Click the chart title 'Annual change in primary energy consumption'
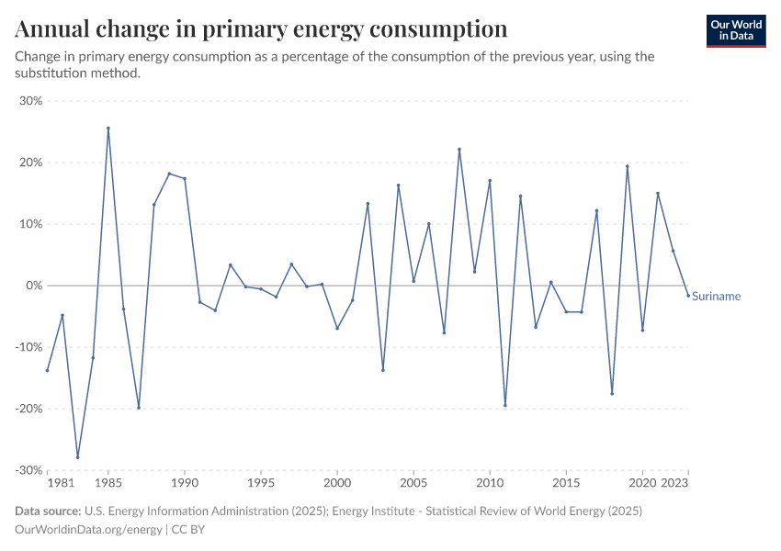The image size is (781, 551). pyautogui.click(x=262, y=28)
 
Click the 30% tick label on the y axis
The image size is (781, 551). pyautogui.click(x=31, y=101)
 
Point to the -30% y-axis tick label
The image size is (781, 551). pyautogui.click(x=29, y=470)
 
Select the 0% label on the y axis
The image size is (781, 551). pyautogui.click(x=34, y=286)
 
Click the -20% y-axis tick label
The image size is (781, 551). pyautogui.click(x=29, y=409)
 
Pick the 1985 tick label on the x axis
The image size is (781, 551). pyautogui.click(x=108, y=482)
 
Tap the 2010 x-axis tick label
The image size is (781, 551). pyautogui.click(x=490, y=482)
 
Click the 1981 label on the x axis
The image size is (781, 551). pyautogui.click(x=60, y=482)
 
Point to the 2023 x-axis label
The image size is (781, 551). pyautogui.click(x=674, y=482)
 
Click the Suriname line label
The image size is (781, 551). pyautogui.click(x=716, y=296)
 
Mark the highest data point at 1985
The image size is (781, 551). pyautogui.click(x=108, y=129)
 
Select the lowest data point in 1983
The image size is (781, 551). pyautogui.click(x=78, y=457)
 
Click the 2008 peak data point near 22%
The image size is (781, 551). pyautogui.click(x=459, y=150)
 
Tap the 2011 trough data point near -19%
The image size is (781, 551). pyautogui.click(x=505, y=405)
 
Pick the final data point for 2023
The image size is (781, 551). pyautogui.click(x=688, y=296)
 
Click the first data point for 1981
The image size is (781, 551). pyautogui.click(x=47, y=370)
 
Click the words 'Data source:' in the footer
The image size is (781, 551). pyautogui.click(x=48, y=511)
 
